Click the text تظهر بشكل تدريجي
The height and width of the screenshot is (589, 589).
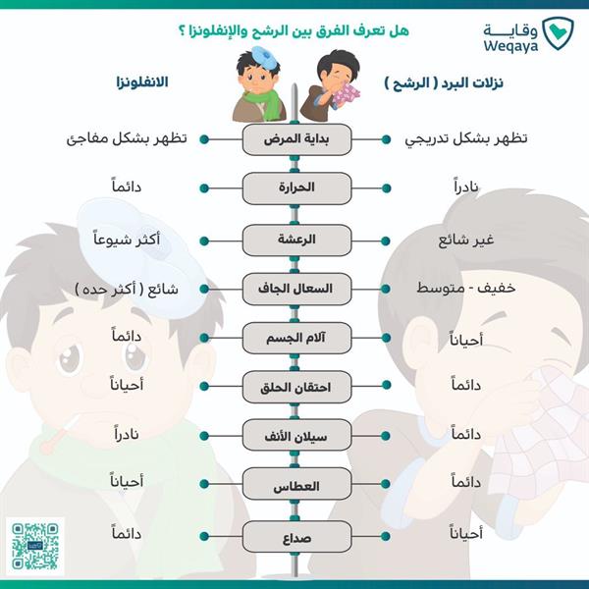tap(466, 139)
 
